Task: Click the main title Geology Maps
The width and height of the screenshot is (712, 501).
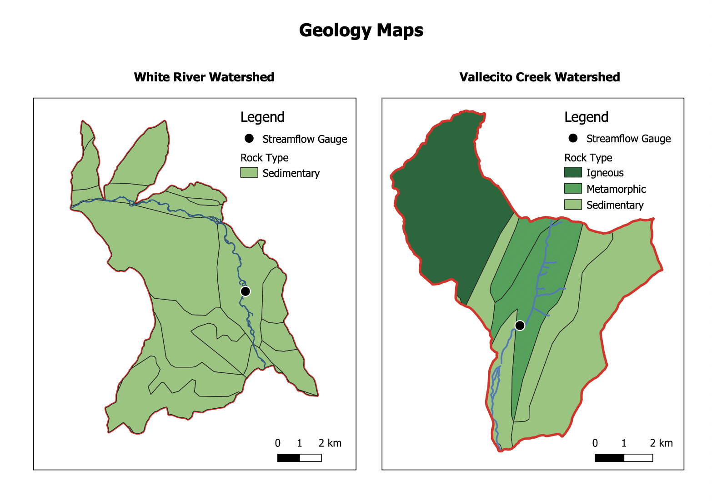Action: pyautogui.click(x=361, y=30)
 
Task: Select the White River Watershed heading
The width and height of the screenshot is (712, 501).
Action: pyautogui.click(x=204, y=77)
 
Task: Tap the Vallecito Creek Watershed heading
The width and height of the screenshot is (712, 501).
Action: pyautogui.click(x=539, y=77)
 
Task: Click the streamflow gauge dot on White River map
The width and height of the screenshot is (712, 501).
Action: pyautogui.click(x=245, y=291)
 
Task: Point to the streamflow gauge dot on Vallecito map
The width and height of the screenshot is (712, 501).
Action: pyautogui.click(x=520, y=326)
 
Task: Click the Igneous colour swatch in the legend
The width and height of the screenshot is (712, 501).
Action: pyautogui.click(x=572, y=172)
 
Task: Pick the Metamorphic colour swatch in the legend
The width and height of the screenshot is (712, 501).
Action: pyautogui.click(x=572, y=189)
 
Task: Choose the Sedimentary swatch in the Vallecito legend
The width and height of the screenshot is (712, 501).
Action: pyautogui.click(x=572, y=205)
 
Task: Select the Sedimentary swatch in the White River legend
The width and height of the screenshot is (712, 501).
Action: pyautogui.click(x=249, y=173)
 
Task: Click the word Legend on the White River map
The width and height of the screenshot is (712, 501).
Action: pyautogui.click(x=262, y=117)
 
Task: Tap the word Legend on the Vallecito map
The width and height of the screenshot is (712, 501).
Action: pyautogui.click(x=586, y=117)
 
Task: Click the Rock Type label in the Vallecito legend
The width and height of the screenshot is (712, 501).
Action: pyautogui.click(x=588, y=158)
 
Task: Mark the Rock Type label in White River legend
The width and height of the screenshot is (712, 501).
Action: pyautogui.click(x=264, y=158)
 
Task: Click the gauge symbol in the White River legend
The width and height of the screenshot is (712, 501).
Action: pyautogui.click(x=249, y=139)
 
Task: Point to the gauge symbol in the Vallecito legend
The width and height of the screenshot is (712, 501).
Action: pyautogui.click(x=572, y=138)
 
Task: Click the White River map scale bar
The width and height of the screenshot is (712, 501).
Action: pyautogui.click(x=299, y=458)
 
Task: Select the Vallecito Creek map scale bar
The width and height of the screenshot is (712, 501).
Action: pyautogui.click(x=623, y=458)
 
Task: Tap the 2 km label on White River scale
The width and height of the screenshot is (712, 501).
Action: pyautogui.click(x=330, y=443)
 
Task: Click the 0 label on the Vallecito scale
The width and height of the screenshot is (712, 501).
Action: pyautogui.click(x=595, y=443)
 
